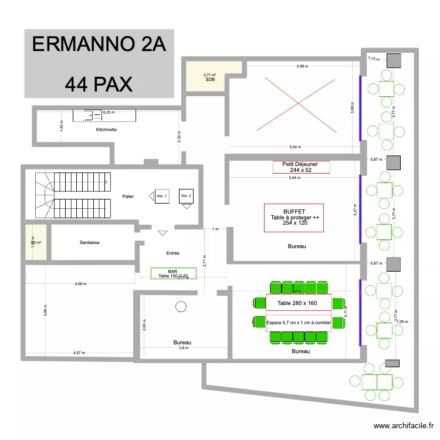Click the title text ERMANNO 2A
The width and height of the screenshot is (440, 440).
99,45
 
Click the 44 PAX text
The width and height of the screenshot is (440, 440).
99,84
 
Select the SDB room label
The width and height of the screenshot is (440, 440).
210,79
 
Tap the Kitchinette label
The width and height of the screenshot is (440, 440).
106,129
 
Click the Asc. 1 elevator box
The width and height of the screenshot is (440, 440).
162,196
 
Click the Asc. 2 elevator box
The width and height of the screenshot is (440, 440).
186,195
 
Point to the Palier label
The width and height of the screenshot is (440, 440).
128,197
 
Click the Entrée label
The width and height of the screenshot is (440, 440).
172,253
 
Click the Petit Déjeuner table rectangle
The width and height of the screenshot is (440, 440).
301,167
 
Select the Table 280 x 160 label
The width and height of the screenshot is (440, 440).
297,303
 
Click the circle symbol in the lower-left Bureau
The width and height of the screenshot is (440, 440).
181,306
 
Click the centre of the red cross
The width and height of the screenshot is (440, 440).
298,103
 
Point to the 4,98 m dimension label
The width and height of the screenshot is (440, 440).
302,66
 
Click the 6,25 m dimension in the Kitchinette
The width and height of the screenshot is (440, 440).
110,112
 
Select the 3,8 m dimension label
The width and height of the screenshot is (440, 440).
183,348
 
